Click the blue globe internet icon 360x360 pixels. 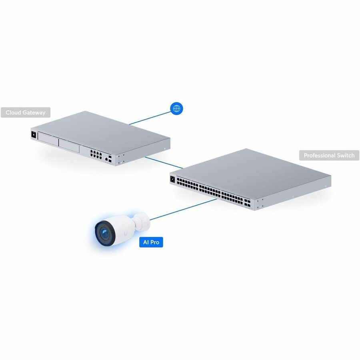176,108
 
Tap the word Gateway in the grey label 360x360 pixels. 34,113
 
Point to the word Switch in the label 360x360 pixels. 346,156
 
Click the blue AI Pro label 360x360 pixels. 151,242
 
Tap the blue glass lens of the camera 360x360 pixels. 105,234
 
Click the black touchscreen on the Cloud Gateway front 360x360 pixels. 34,134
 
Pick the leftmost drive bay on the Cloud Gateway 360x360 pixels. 48,139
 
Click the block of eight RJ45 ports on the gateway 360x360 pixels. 96,154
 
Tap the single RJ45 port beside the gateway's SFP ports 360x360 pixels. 106,159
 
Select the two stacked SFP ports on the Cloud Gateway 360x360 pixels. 110,159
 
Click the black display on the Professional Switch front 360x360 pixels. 172,179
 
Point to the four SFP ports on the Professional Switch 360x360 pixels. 247,202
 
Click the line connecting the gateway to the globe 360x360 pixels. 150,118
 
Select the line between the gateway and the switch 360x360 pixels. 164,162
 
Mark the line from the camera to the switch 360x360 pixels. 183,209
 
